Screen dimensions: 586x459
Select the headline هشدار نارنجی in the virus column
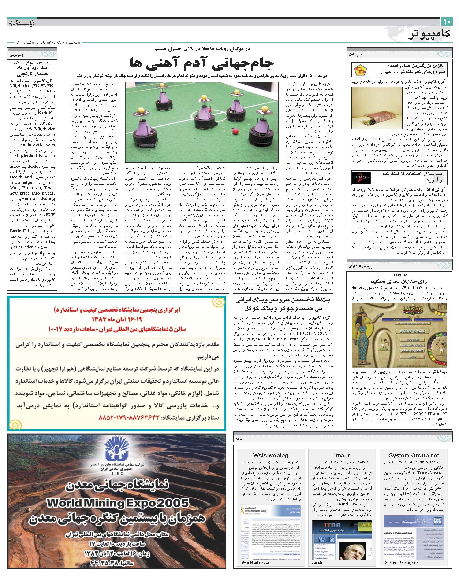[x=33, y=74]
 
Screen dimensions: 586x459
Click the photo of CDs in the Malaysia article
[x=376, y=107]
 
